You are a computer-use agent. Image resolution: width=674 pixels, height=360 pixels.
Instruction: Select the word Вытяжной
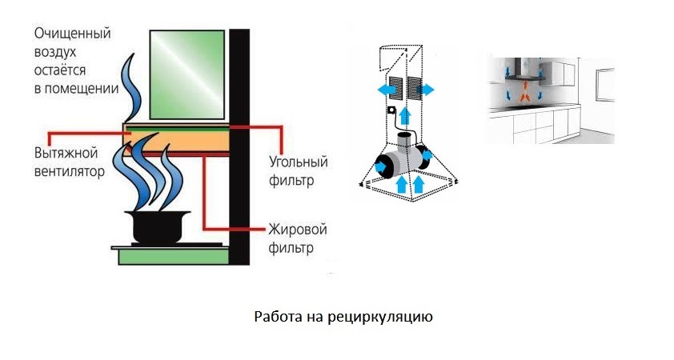tap(64, 153)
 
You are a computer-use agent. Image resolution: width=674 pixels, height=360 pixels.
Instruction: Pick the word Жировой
tap(296, 230)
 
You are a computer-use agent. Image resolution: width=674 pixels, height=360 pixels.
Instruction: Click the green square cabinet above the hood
tap(189, 73)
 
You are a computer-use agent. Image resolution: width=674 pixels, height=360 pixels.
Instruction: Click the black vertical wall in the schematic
tap(239, 144)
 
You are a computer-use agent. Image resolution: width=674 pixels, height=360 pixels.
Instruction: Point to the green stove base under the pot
tap(172, 256)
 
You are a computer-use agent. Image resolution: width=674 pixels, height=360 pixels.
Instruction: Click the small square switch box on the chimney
tap(392, 110)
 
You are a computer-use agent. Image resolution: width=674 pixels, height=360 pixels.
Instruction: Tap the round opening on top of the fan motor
tap(407, 142)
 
